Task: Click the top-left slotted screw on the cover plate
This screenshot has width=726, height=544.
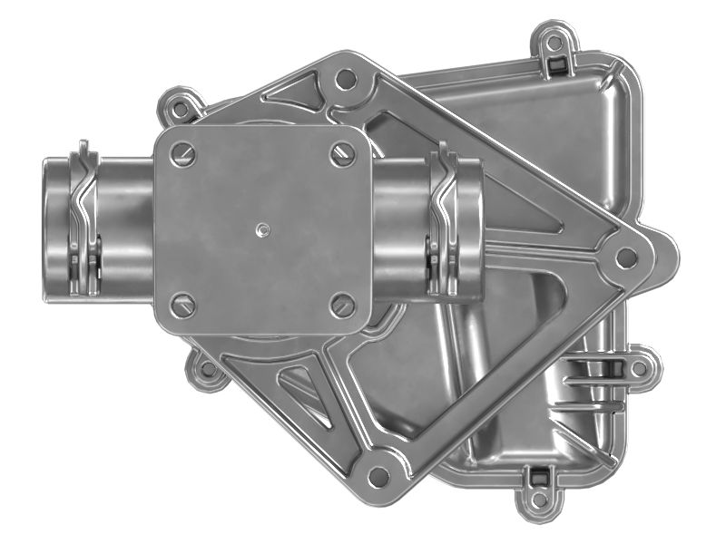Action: (x=184, y=155)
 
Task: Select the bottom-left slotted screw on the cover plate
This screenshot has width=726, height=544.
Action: (x=184, y=306)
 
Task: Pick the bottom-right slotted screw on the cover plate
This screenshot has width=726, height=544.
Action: (x=342, y=306)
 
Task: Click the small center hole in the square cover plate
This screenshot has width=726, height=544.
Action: (x=262, y=228)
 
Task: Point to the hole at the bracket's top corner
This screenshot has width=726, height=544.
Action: (x=345, y=80)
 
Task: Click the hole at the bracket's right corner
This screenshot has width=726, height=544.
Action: (x=626, y=257)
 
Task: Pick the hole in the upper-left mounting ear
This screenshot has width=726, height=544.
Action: (x=181, y=109)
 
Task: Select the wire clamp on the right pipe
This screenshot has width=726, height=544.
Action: (x=445, y=222)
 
